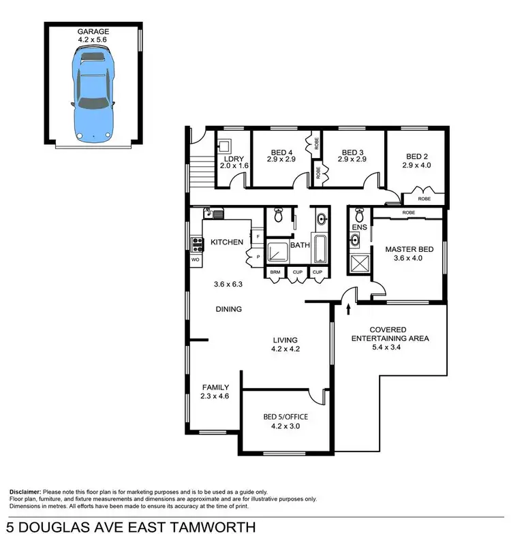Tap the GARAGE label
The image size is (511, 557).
(93, 32)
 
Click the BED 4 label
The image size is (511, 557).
(281, 152)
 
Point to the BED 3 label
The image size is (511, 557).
(354, 152)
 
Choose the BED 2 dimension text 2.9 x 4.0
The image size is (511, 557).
(416, 165)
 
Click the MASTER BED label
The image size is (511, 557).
(405, 249)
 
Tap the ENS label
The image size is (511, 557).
(358, 227)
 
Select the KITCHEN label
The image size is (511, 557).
(228, 242)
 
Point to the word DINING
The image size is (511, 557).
(229, 309)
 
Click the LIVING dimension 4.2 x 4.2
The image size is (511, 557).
(286, 349)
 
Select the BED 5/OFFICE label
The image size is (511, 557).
(285, 417)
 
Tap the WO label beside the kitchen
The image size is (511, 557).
(195, 259)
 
